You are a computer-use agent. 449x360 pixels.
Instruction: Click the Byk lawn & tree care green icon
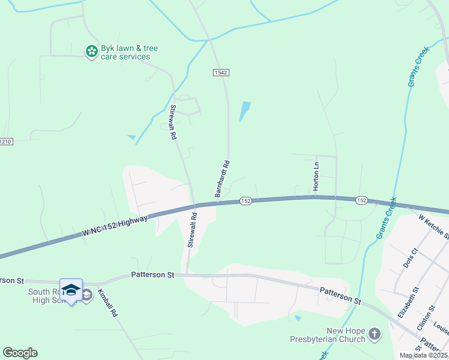tap(91, 52)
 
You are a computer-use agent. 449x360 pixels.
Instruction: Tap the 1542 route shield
tap(221, 72)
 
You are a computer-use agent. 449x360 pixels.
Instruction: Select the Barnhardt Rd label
tap(222, 178)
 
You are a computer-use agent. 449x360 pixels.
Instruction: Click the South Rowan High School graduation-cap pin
tap(71, 289)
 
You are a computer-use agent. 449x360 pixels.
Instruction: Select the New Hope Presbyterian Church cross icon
tap(374, 333)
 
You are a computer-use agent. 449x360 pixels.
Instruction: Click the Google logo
tap(20, 353)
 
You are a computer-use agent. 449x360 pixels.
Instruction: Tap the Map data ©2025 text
tap(423, 355)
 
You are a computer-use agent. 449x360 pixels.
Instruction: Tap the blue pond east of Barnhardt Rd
tap(245, 110)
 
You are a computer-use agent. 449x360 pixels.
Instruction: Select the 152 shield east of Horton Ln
tap(361, 200)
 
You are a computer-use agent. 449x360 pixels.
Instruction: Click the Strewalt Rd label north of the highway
tap(173, 122)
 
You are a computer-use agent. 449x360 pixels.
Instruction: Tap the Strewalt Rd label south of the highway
tap(191, 230)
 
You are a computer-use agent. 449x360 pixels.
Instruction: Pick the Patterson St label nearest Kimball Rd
tap(152, 275)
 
